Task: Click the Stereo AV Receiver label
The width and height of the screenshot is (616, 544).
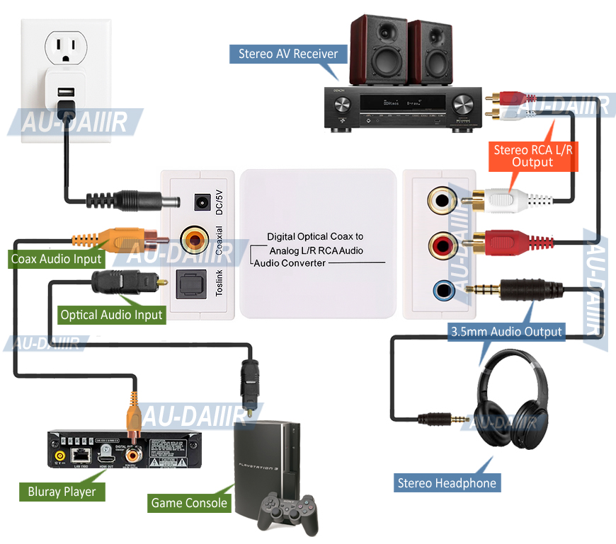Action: point(287,54)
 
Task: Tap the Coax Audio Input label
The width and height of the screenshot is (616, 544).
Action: point(57,259)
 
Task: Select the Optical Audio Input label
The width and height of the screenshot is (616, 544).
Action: point(111,315)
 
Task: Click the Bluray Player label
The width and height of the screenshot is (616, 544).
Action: point(62,491)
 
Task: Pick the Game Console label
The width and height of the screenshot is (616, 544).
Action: point(189,503)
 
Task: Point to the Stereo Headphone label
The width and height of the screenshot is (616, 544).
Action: point(447,483)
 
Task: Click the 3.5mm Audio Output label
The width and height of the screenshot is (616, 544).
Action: point(507,331)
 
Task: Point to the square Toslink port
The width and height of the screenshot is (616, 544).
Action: point(191,285)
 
